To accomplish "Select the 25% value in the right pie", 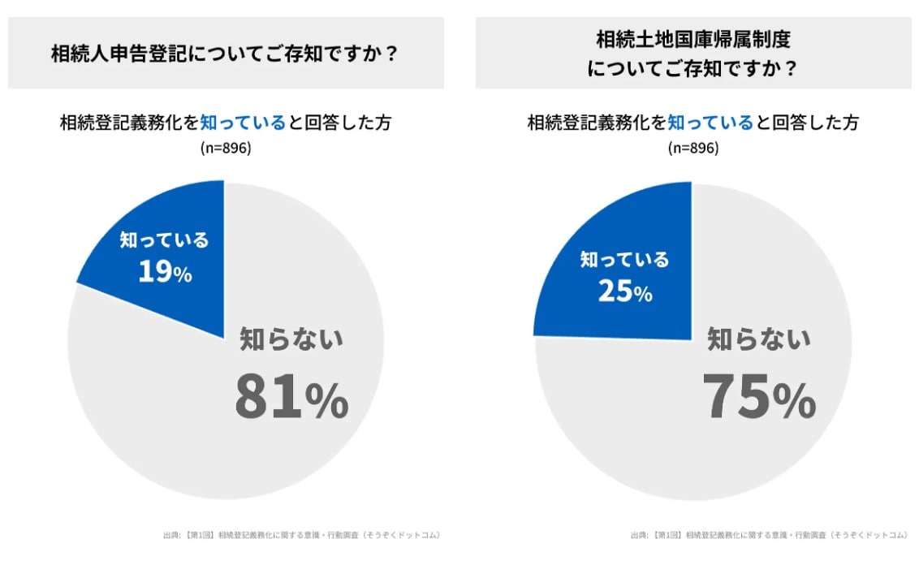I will [x=625, y=291].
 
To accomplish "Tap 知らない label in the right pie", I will [x=759, y=339].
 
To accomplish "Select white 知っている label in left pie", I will [x=165, y=240].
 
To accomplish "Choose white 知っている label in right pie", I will [x=625, y=260].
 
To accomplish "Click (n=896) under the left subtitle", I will [x=225, y=148].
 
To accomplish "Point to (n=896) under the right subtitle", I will [x=692, y=148].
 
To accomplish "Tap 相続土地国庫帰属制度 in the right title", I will [x=692, y=38].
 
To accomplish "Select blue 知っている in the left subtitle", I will [x=243, y=123].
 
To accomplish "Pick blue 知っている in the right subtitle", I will [x=710, y=123].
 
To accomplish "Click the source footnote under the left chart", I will [x=301, y=535].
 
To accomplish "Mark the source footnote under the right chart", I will [x=768, y=535].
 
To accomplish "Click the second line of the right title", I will [x=692, y=69].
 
